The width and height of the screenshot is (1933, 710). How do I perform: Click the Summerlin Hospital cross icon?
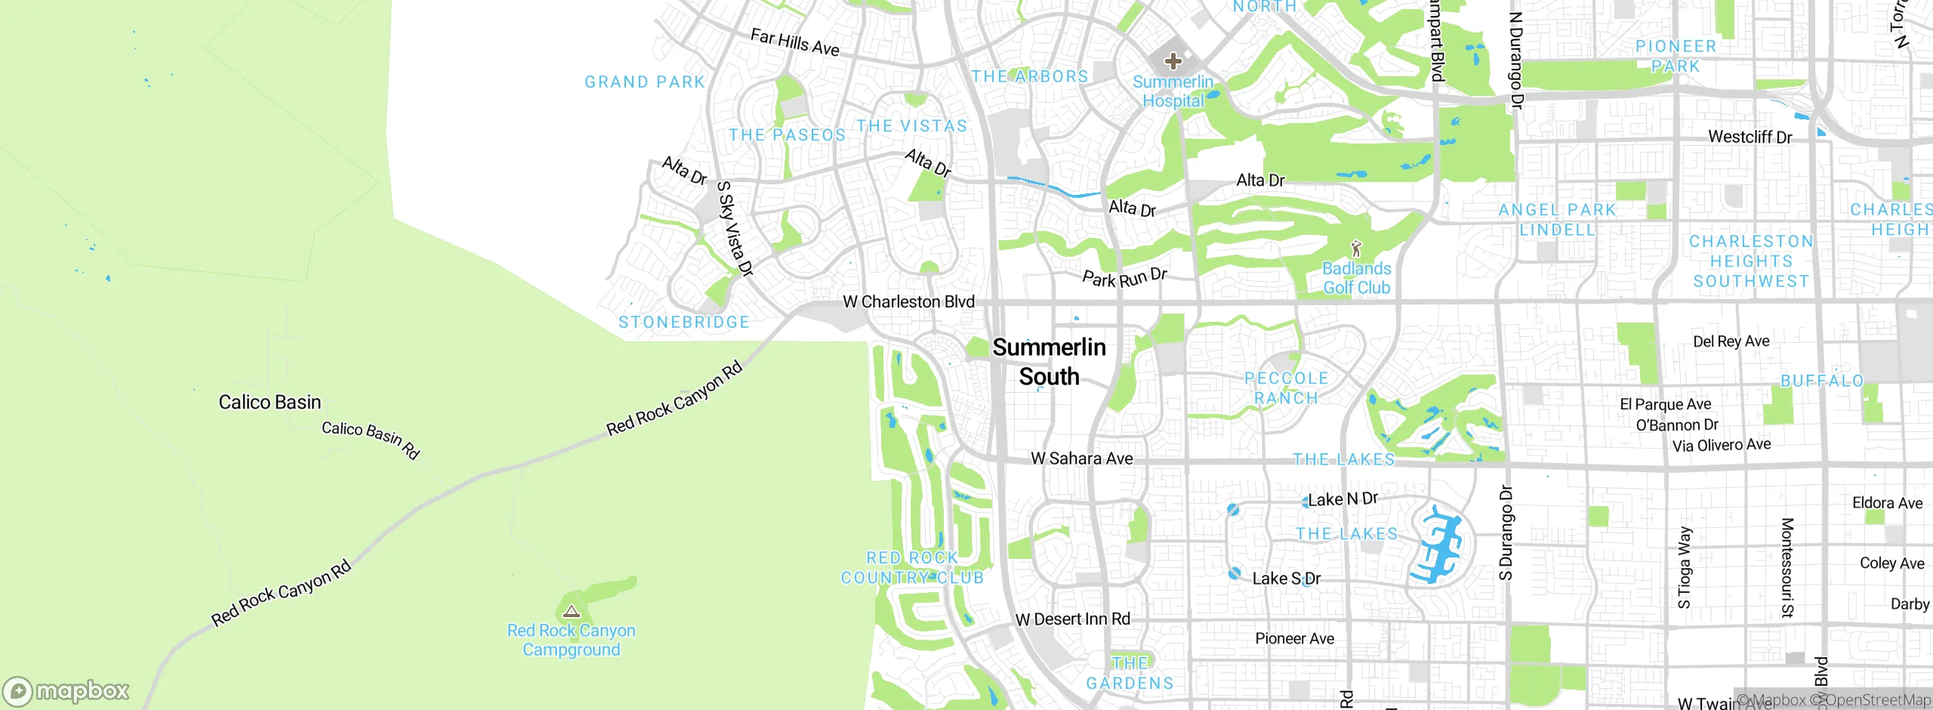1173,60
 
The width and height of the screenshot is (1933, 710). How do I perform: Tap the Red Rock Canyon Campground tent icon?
572,611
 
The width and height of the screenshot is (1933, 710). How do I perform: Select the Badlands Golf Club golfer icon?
1356,248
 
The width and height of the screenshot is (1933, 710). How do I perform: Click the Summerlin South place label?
1049,362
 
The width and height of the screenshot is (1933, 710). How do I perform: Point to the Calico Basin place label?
270,402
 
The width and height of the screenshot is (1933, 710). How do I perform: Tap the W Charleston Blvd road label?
908,301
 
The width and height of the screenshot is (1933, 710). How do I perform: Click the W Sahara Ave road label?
1081,458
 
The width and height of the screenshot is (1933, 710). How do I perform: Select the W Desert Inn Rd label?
1072,619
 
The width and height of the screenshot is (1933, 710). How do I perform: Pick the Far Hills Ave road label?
794,42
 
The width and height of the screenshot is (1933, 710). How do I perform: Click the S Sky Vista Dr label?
735,229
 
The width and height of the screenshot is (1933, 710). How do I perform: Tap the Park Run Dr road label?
1124,277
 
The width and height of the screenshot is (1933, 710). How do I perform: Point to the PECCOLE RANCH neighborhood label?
1286,388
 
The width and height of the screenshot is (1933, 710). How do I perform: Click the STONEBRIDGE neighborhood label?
684,323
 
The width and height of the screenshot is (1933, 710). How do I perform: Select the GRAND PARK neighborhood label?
645,82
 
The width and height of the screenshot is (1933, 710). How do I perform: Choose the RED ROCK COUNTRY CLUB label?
912,567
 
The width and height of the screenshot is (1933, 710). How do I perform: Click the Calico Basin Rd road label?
370,440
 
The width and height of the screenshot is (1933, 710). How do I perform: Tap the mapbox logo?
66,691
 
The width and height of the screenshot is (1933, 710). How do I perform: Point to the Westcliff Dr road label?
1750,137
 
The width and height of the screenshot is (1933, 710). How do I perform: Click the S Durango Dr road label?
1506,532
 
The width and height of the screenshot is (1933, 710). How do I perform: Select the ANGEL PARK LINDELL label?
1557,220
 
